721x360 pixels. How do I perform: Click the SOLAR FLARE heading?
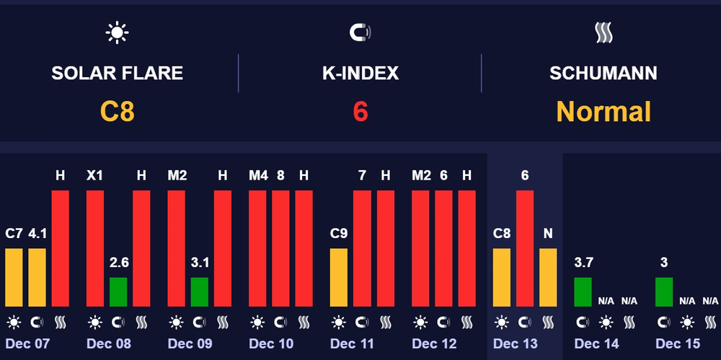(x=117, y=73)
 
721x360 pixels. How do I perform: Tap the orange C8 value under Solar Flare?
(x=118, y=112)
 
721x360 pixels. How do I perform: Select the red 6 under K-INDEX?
(x=360, y=112)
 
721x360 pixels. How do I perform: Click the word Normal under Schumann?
(x=603, y=112)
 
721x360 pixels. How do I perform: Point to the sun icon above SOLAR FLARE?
(x=117, y=32)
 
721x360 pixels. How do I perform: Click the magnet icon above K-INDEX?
(x=360, y=32)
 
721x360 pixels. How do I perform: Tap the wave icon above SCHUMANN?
(x=603, y=32)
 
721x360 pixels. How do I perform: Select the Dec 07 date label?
(x=27, y=343)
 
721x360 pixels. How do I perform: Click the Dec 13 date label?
(x=515, y=343)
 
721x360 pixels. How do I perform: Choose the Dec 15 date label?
(x=678, y=343)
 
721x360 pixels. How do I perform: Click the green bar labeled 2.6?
(x=118, y=291)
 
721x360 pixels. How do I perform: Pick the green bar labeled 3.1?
(x=199, y=291)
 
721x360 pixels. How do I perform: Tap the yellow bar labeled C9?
(x=339, y=277)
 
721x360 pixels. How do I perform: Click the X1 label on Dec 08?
(x=95, y=175)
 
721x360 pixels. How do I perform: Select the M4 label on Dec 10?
(x=257, y=175)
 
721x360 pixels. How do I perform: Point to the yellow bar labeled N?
(x=548, y=277)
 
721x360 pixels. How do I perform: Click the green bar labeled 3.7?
(x=583, y=291)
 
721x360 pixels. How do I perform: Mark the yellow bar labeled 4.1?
(x=37, y=277)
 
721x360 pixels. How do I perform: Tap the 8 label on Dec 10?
(x=281, y=175)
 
